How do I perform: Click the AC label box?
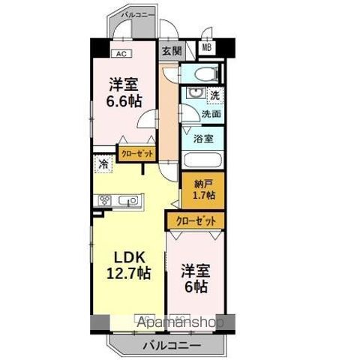tap(120, 53)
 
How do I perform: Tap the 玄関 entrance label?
tap(171, 51)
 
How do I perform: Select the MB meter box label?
tap(206, 49)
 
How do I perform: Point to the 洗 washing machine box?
tap(214, 96)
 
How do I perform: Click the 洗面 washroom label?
tap(211, 115)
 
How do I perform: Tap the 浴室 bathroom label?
tap(203, 139)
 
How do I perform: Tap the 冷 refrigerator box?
tap(101, 163)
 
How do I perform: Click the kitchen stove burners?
tap(104, 200)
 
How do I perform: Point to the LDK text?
tap(121, 255)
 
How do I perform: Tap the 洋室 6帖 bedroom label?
tap(194, 278)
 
